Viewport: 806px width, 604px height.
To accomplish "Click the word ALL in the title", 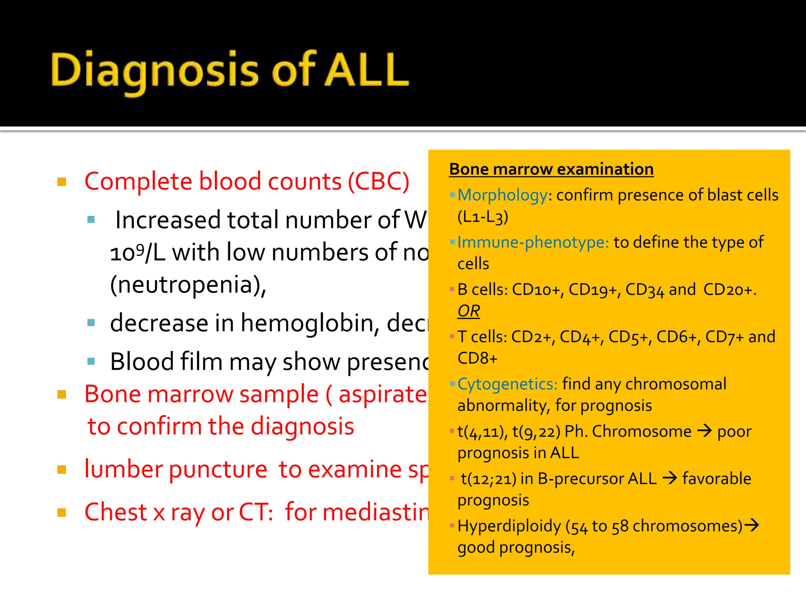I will [367, 70].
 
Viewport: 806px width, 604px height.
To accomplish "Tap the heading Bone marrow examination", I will [551, 169].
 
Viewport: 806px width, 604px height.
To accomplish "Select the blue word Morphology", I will [502, 195].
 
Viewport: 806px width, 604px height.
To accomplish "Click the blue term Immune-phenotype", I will [533, 242].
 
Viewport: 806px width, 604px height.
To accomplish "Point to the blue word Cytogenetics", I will [507, 384].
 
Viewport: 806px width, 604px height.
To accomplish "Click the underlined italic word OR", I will [468, 311].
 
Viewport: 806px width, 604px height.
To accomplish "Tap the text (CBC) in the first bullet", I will [379, 181].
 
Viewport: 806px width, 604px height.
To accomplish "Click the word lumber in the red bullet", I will [124, 469].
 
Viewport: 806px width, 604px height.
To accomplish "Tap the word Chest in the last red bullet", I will [116, 512].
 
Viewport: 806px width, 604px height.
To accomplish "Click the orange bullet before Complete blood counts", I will [62, 182].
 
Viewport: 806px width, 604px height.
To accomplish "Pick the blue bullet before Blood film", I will [91, 361].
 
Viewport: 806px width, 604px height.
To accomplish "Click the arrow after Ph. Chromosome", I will [704, 431].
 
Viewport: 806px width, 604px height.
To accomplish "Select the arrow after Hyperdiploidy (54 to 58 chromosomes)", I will [751, 525].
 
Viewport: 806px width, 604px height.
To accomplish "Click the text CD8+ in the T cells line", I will [477, 358].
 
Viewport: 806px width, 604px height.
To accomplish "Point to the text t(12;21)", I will [488, 479].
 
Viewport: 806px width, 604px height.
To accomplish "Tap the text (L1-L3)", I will [482, 217].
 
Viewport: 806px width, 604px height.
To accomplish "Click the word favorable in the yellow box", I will [716, 479].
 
